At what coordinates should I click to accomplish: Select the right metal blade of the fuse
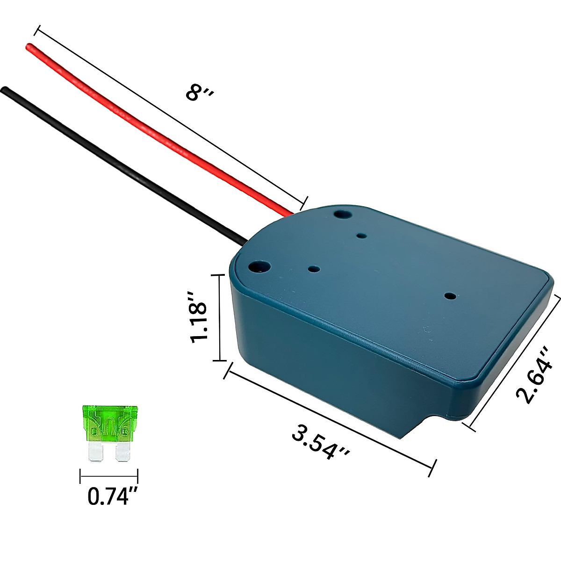122,452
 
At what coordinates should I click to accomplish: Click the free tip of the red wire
29,46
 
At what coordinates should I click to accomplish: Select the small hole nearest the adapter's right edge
449,296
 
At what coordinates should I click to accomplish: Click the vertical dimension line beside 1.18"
219,318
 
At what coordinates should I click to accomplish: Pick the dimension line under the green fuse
109,477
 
